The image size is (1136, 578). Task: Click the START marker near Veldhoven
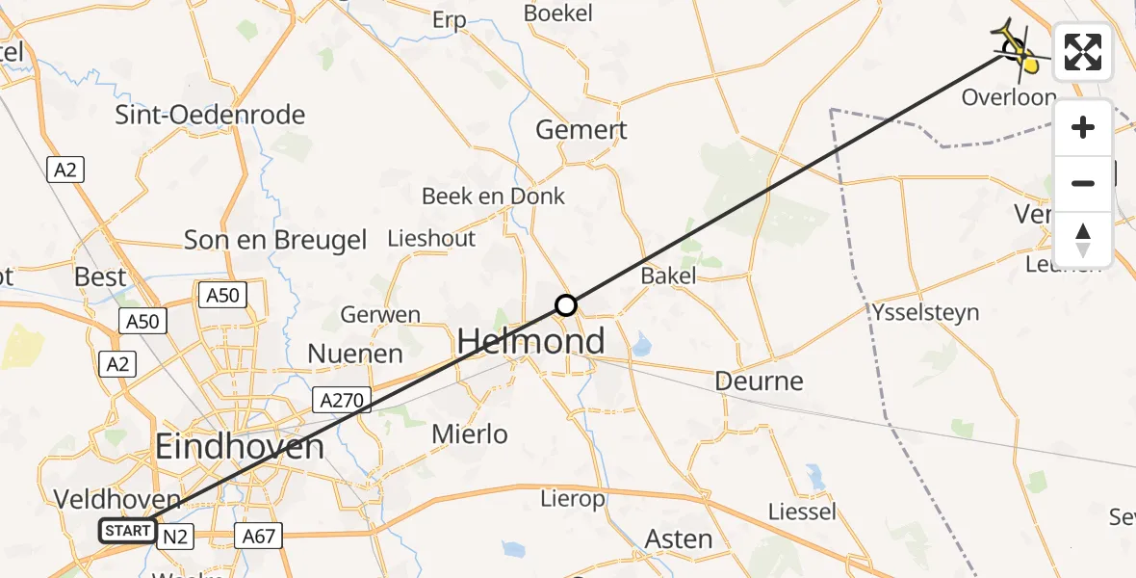pos(127,530)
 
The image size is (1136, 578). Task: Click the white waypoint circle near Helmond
pos(566,305)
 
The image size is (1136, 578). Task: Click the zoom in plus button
pos(1083,128)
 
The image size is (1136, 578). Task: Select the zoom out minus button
pos(1083,183)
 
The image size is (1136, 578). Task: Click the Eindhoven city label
pos(240,447)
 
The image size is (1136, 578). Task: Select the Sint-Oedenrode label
pos(210,115)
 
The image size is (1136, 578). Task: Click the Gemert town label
pos(581,129)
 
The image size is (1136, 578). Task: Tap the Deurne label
pos(759,381)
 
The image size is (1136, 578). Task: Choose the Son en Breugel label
pos(275,240)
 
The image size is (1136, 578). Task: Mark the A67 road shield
pos(259,535)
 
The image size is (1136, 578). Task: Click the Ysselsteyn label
pos(925,312)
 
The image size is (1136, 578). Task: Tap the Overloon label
pos(1008,98)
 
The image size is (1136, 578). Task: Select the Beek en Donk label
pos(493,197)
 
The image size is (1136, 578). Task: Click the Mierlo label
pos(470,434)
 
